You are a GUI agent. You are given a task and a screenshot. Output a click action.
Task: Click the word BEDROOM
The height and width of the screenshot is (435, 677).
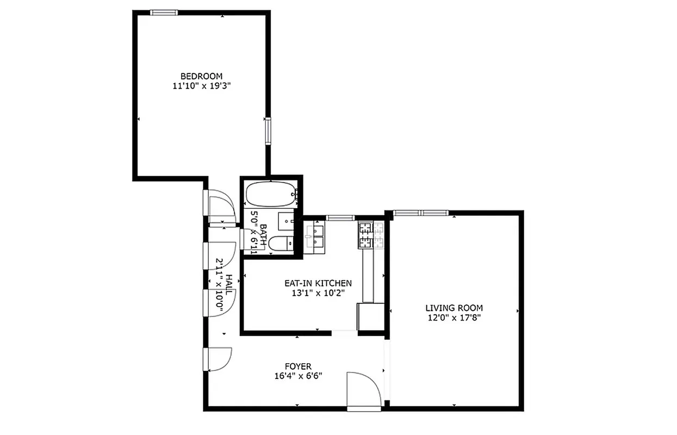coord(201,76)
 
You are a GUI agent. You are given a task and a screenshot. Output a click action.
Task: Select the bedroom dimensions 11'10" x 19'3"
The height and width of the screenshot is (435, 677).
coord(201,86)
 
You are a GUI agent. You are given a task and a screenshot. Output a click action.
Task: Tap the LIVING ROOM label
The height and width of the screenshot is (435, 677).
coord(454,308)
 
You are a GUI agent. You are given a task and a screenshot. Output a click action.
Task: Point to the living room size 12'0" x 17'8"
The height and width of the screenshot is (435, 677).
coord(454,318)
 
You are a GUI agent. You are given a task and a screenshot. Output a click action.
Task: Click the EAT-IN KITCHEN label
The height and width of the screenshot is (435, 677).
coord(318,283)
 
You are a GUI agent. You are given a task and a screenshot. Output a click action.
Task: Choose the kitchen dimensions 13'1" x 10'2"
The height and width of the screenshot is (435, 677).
coord(318,293)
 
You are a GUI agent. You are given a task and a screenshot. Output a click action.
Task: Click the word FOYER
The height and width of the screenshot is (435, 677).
coord(298,366)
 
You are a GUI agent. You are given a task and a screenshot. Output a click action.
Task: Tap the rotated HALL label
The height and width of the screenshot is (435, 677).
coord(229,284)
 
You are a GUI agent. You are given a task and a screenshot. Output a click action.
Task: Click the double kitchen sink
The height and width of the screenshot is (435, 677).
coord(314,235)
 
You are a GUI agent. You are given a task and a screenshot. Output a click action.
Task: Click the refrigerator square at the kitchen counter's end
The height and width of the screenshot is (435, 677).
coord(369,316)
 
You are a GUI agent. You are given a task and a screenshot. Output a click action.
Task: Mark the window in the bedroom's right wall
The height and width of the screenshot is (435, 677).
coord(268,130)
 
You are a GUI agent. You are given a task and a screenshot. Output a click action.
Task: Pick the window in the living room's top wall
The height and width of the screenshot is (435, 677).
coord(420,213)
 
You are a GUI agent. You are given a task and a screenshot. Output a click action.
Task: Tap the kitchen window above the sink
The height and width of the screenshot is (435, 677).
coord(340,218)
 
